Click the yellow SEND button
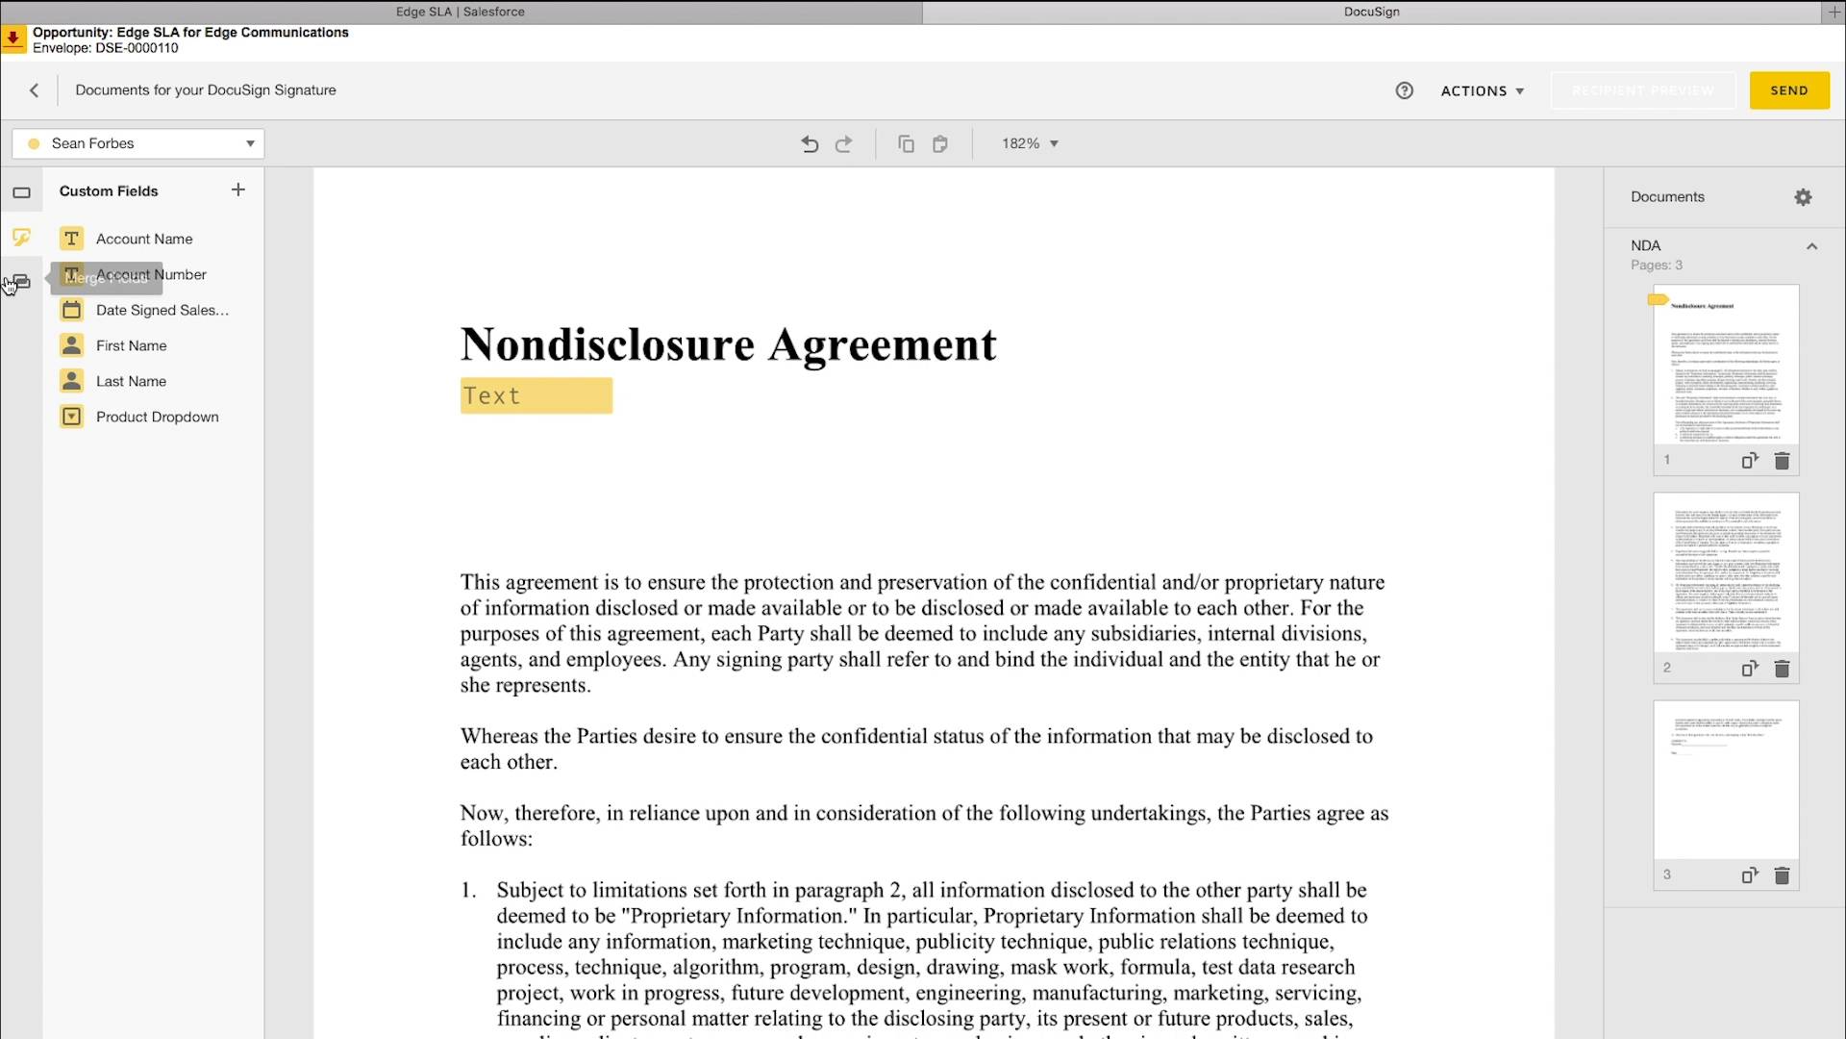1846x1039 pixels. click(x=1788, y=90)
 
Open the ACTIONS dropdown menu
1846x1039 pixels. click(x=1482, y=90)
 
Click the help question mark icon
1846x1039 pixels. click(x=1404, y=90)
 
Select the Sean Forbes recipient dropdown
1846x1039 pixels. click(x=138, y=143)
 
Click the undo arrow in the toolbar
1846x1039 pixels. click(x=810, y=143)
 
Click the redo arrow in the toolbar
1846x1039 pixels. click(x=843, y=143)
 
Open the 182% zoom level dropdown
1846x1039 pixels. click(x=1030, y=143)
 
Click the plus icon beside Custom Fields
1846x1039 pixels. click(x=238, y=190)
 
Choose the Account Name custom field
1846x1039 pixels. click(x=143, y=239)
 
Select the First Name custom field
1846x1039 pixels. click(x=131, y=345)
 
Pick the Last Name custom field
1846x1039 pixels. click(x=131, y=381)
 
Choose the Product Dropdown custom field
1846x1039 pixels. click(x=157, y=417)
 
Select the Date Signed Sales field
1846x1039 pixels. click(x=162, y=310)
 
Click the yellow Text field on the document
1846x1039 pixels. click(x=536, y=395)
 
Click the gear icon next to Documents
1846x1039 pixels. click(x=1803, y=197)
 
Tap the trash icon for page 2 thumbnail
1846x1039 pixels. click(x=1782, y=669)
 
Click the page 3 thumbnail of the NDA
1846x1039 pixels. click(x=1726, y=779)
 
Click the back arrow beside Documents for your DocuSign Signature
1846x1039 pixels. click(x=35, y=90)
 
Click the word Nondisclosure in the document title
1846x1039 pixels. click(x=607, y=344)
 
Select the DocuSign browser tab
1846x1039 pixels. click(x=1371, y=12)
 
